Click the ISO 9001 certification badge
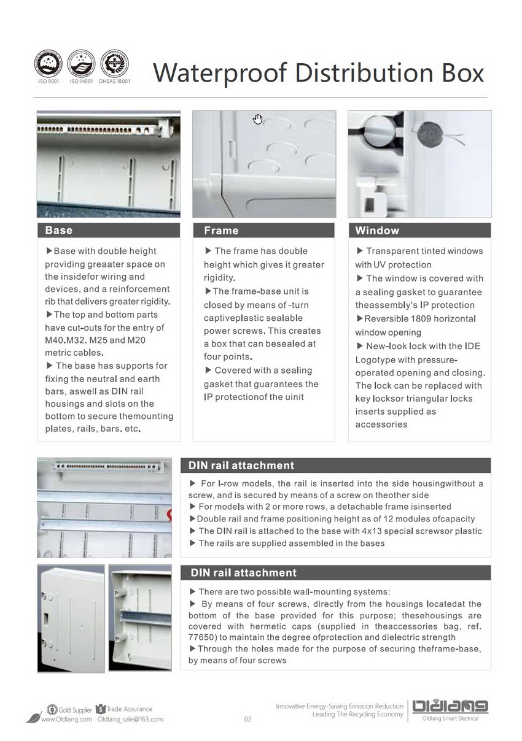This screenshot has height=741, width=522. [x=48, y=63]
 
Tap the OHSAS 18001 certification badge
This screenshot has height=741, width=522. [x=114, y=63]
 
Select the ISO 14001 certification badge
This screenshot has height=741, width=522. [x=81, y=63]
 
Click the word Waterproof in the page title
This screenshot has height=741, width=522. [x=220, y=73]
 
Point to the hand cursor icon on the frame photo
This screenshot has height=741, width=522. [x=258, y=119]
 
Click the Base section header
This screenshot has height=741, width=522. [x=59, y=231]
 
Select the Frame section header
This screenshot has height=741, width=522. [x=221, y=231]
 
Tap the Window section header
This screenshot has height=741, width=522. [x=377, y=231]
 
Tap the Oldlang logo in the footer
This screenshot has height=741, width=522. [x=450, y=707]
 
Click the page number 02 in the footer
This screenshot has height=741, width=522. [x=248, y=720]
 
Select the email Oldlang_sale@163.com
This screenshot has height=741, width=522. [x=130, y=720]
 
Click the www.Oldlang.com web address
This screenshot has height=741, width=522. [x=66, y=720]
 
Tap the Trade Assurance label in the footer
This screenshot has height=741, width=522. [x=129, y=709]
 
